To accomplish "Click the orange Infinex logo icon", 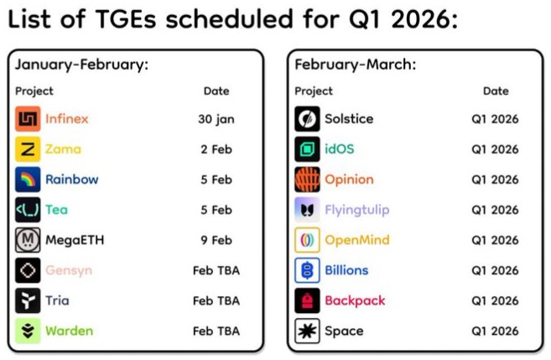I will [28, 119].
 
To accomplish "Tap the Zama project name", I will [63, 149].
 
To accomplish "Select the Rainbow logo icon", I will [28, 180].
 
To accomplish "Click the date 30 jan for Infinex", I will [216, 119].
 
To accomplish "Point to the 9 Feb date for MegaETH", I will [216, 240].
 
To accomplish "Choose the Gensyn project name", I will [69, 270].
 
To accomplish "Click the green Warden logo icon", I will [28, 331].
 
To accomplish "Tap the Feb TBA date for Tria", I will [216, 300].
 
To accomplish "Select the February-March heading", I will [356, 65].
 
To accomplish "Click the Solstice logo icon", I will [308, 119].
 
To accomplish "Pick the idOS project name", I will [340, 149].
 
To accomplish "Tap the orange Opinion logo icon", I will [308, 180].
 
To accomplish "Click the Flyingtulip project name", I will [357, 210].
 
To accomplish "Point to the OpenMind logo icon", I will [308, 240].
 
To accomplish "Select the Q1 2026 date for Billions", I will [495, 270].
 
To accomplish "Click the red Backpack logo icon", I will [308, 300].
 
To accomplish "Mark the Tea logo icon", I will [28, 210].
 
